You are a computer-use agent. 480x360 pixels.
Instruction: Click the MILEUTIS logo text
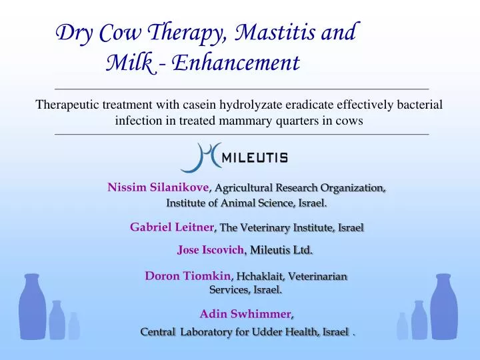click(254, 158)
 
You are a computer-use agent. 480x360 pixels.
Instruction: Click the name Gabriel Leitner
click(171, 227)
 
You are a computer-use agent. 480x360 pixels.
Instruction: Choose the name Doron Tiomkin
click(187, 275)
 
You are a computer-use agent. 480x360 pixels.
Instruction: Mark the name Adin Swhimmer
click(246, 314)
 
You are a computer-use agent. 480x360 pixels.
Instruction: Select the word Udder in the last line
click(269, 332)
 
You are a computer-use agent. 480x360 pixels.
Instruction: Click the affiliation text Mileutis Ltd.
click(281, 250)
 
